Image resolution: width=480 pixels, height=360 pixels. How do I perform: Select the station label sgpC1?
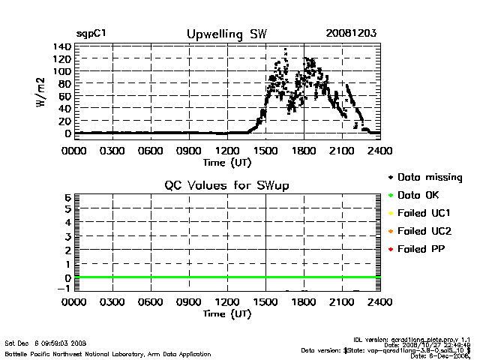coord(91,34)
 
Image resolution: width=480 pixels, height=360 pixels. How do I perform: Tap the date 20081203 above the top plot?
coord(351,34)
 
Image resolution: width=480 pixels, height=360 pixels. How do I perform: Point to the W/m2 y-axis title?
coord(43,92)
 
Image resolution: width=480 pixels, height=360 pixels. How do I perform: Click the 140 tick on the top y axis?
coord(61,46)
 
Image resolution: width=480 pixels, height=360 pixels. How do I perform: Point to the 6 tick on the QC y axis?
coord(67,197)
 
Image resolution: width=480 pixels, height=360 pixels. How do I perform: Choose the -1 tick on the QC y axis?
coord(64,289)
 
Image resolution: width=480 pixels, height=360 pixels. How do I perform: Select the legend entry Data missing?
coord(429,177)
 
